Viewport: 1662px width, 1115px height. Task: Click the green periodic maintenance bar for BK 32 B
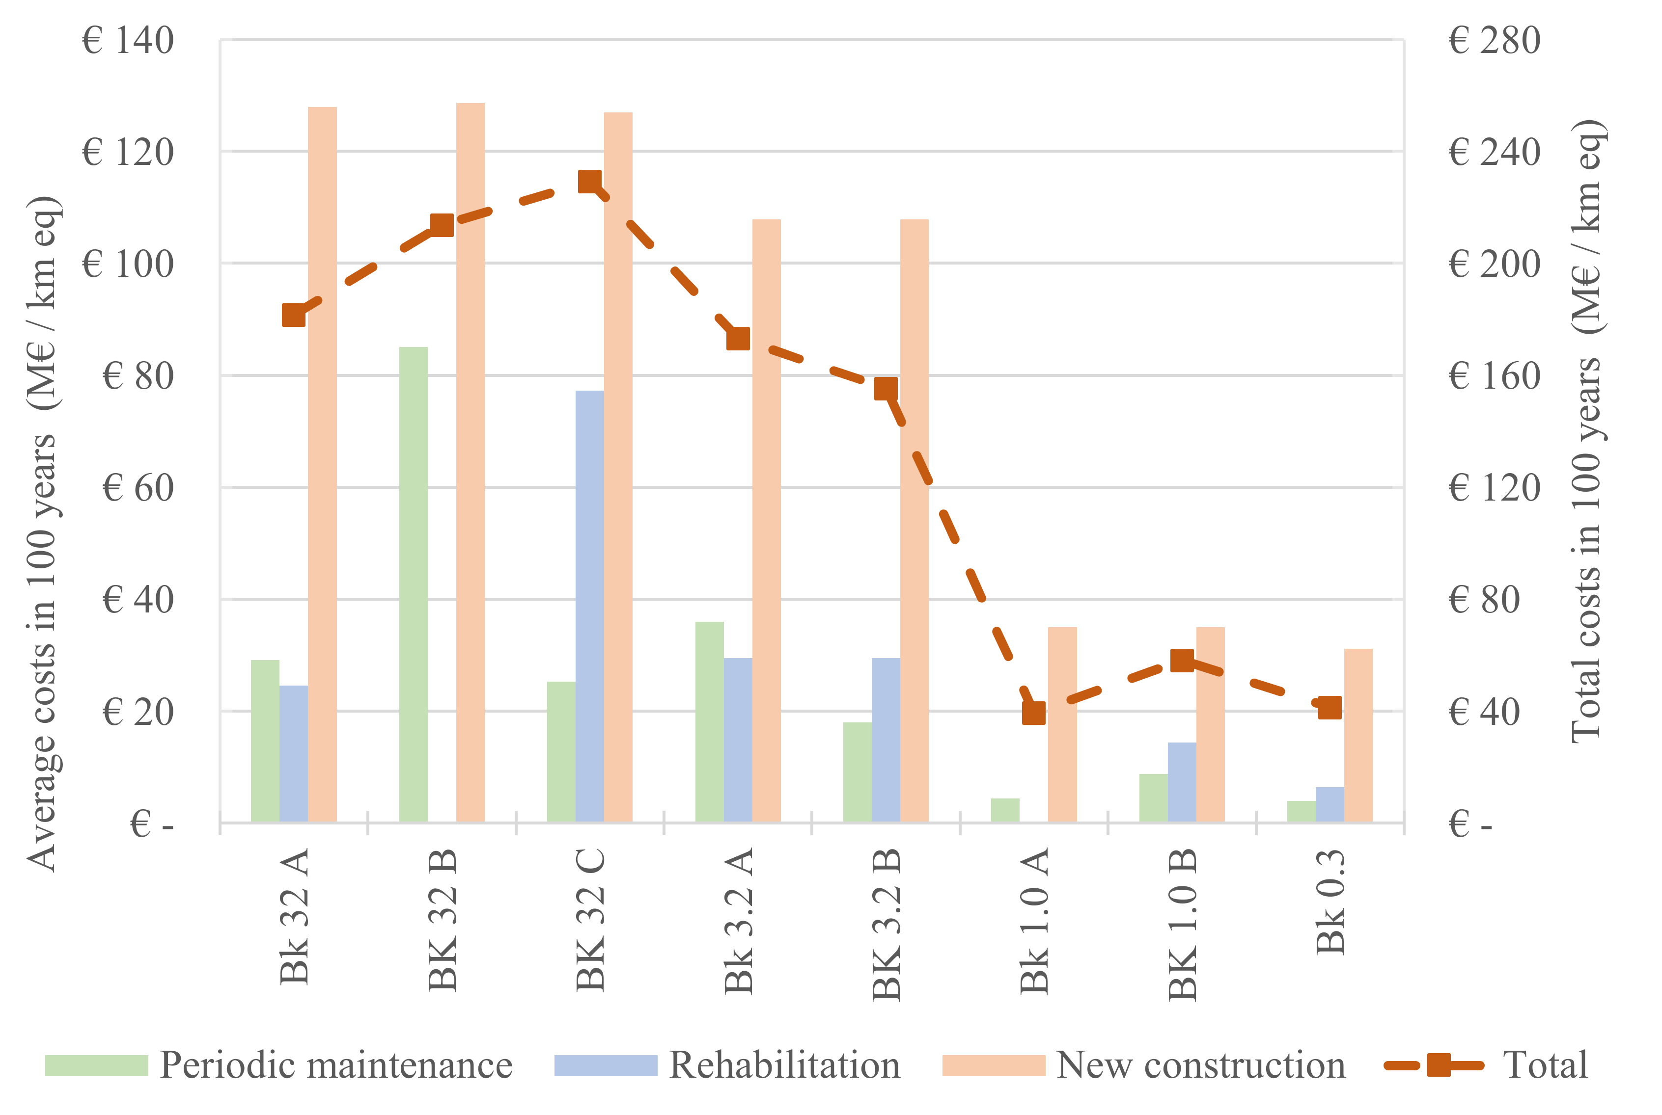point(414,584)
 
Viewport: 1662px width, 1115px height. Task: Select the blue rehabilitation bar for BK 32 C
point(590,607)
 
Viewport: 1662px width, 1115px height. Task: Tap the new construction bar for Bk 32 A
point(322,464)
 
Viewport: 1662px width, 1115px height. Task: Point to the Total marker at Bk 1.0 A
point(1034,713)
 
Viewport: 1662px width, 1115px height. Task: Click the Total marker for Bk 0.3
point(1330,708)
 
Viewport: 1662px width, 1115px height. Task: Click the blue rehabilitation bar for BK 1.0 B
point(1182,782)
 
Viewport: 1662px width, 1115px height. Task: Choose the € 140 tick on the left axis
point(128,41)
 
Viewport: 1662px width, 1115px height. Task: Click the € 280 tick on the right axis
point(1494,41)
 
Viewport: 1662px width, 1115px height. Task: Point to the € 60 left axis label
point(138,488)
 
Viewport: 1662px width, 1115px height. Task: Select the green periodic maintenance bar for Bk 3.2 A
point(709,722)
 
